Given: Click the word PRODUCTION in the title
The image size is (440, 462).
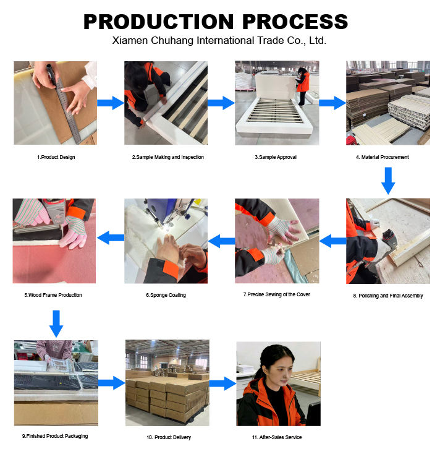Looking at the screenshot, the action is tap(159, 22).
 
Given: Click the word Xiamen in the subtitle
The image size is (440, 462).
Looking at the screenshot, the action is tap(130, 40).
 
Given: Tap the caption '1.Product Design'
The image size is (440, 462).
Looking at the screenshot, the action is tap(56, 157).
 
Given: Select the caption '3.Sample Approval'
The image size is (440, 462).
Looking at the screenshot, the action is tap(276, 157).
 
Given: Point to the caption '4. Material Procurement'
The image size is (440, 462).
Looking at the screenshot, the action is tap(383, 157).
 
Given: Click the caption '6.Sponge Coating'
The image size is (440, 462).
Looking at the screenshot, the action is tap(166, 295).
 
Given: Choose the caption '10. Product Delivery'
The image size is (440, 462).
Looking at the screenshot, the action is tap(169, 437).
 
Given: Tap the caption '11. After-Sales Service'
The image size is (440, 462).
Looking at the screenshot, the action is tap(277, 437).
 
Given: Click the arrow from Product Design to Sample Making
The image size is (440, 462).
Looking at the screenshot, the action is tap(111, 103).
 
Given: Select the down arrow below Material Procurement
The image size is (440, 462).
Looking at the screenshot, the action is tap(388, 181).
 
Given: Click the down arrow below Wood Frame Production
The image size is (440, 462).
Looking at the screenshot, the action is tap(56, 324).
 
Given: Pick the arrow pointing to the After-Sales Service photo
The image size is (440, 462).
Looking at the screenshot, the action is tap(223, 383).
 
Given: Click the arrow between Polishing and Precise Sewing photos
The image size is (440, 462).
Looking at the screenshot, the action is tap(332, 241).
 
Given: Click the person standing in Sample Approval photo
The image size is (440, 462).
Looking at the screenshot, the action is tap(303, 86).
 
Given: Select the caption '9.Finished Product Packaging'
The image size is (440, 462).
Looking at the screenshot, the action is tap(55, 436).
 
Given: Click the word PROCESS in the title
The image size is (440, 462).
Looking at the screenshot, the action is tap(295, 22).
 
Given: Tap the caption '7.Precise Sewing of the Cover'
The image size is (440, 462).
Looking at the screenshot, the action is tap(277, 294).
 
